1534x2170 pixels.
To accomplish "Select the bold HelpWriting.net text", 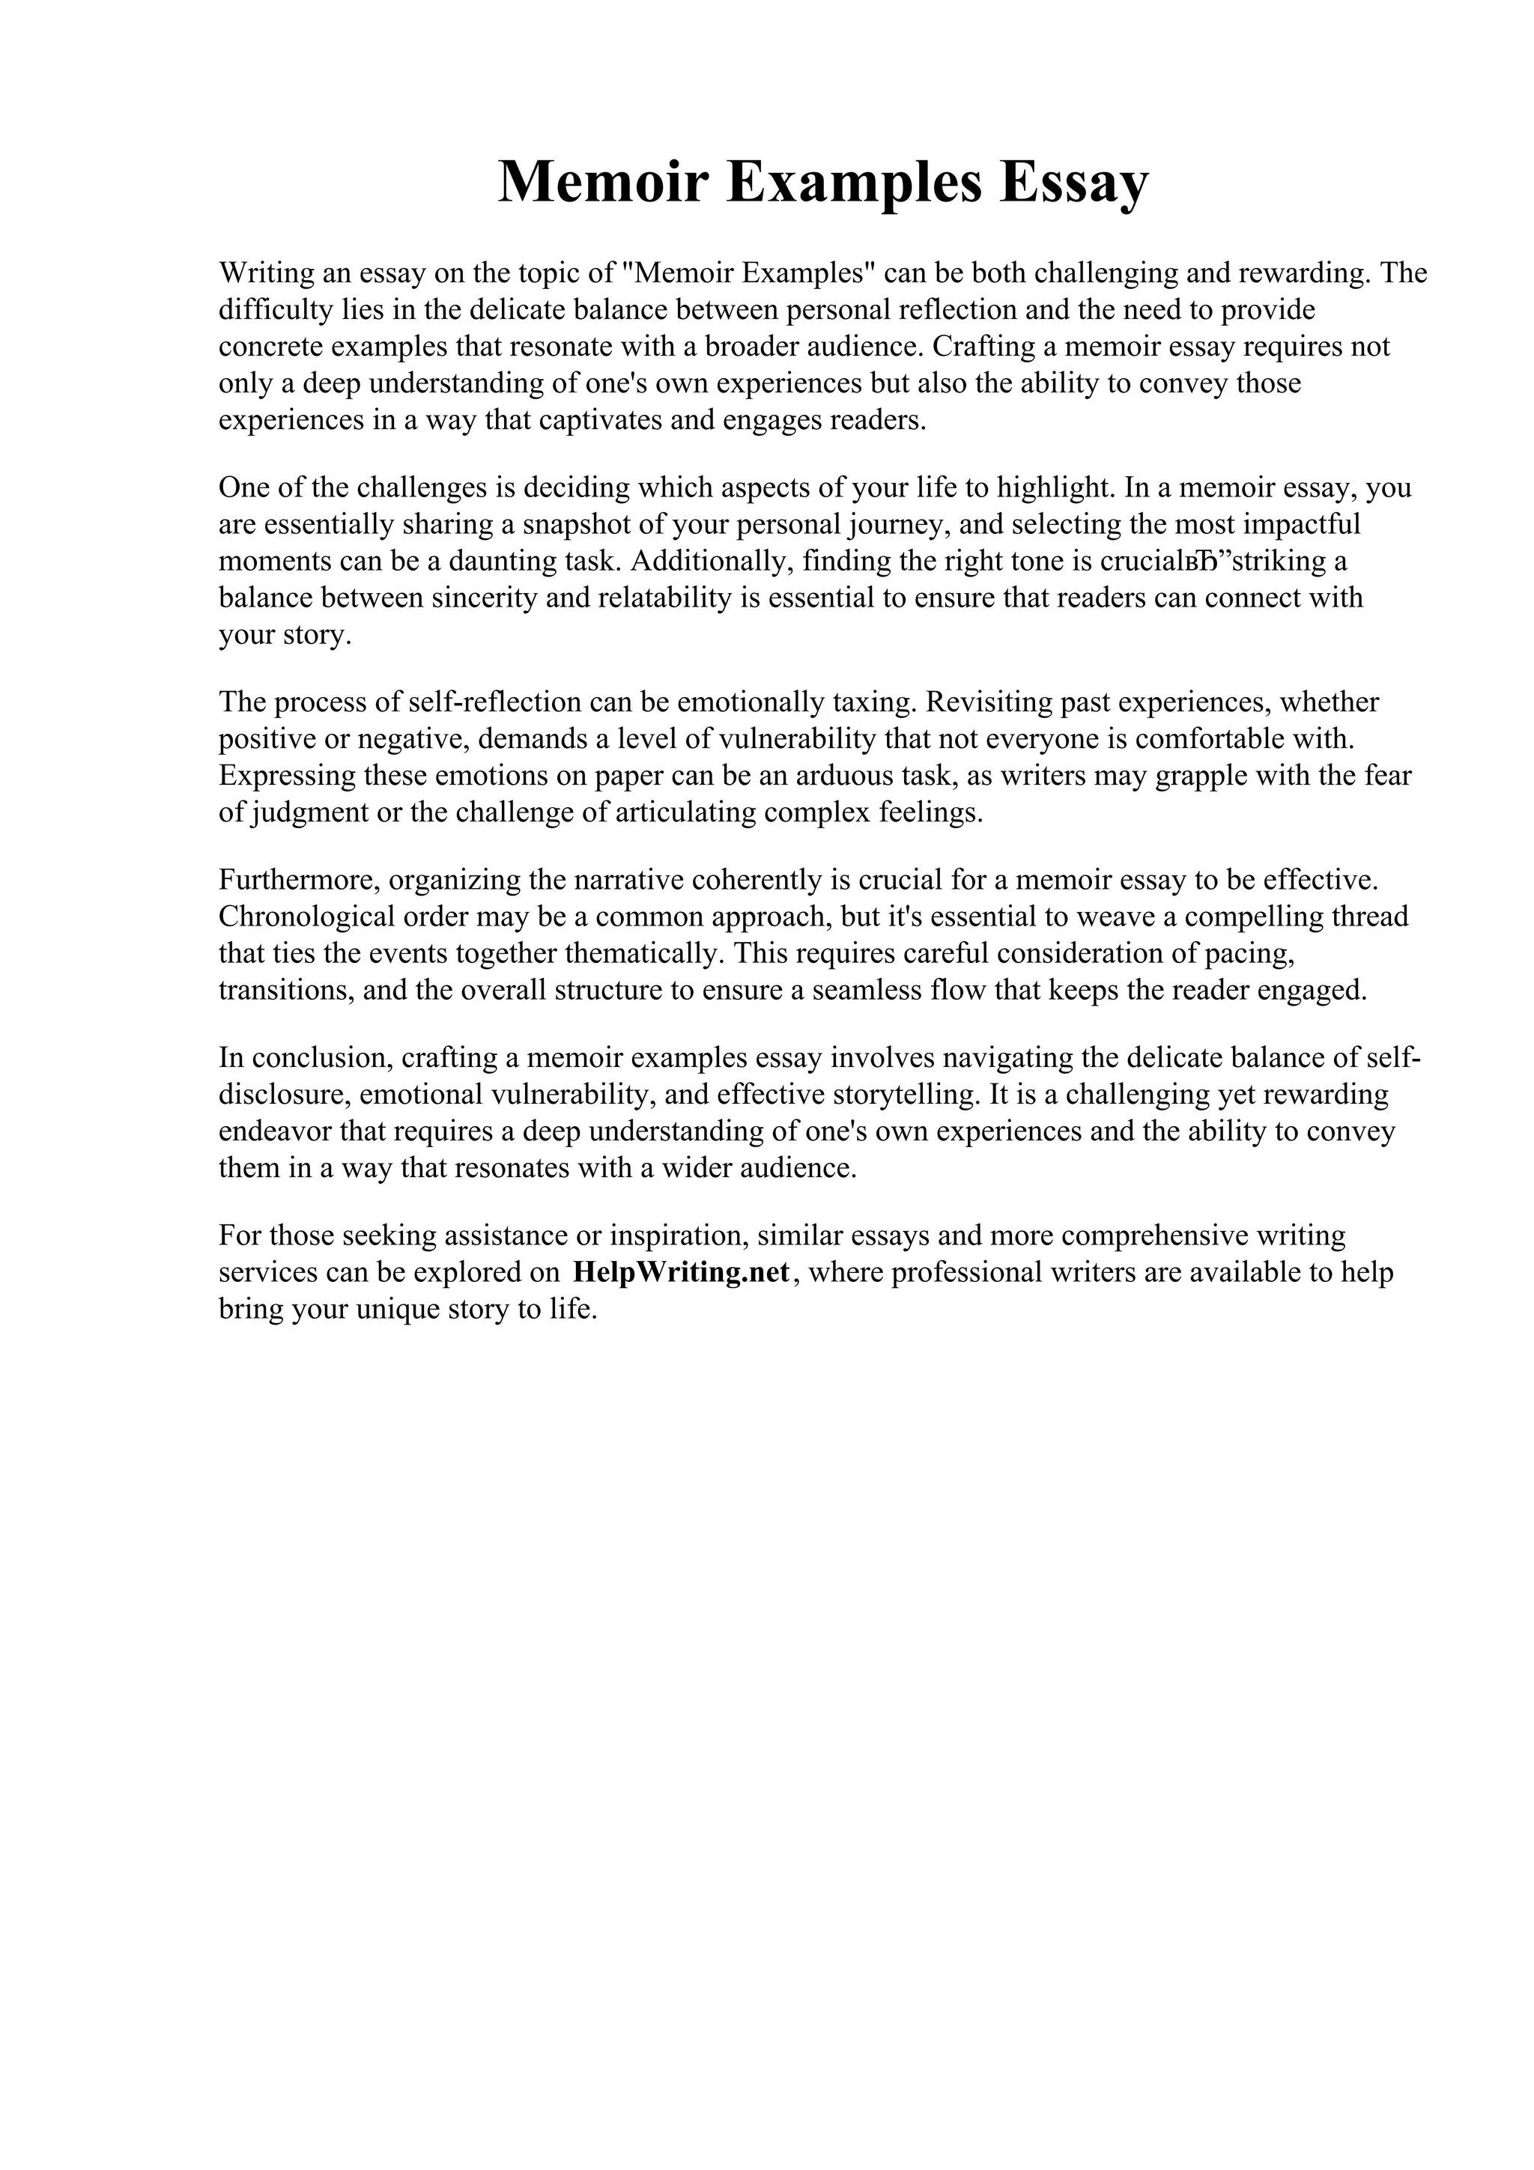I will click(681, 1272).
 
